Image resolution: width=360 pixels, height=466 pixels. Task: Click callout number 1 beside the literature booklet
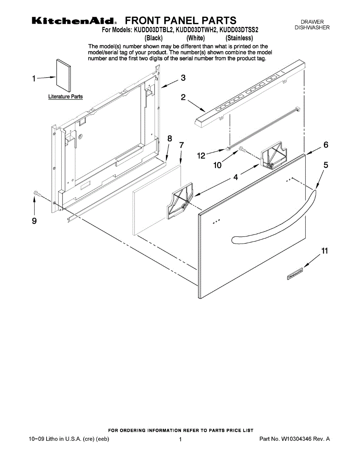(x=34, y=79)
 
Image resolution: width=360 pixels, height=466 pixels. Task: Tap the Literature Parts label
(x=65, y=96)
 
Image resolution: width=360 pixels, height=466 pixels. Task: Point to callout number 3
(x=183, y=78)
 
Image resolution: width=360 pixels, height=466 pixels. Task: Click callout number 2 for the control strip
(x=183, y=97)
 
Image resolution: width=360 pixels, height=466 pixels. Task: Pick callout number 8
(x=170, y=139)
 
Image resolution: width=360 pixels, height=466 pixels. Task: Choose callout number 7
(x=181, y=145)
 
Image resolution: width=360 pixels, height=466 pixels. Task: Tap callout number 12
(x=201, y=156)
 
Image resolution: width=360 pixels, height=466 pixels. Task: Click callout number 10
(x=218, y=165)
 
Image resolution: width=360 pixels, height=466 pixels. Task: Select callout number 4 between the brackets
(x=235, y=178)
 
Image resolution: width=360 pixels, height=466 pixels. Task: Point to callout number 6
(x=326, y=145)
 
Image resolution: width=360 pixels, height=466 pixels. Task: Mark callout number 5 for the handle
(x=326, y=165)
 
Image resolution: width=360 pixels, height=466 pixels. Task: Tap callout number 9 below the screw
(x=34, y=221)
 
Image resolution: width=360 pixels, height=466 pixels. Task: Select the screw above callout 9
(x=37, y=193)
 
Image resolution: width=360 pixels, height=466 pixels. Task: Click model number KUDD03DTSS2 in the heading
(x=239, y=30)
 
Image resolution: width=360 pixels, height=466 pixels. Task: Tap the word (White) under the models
(x=195, y=38)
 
